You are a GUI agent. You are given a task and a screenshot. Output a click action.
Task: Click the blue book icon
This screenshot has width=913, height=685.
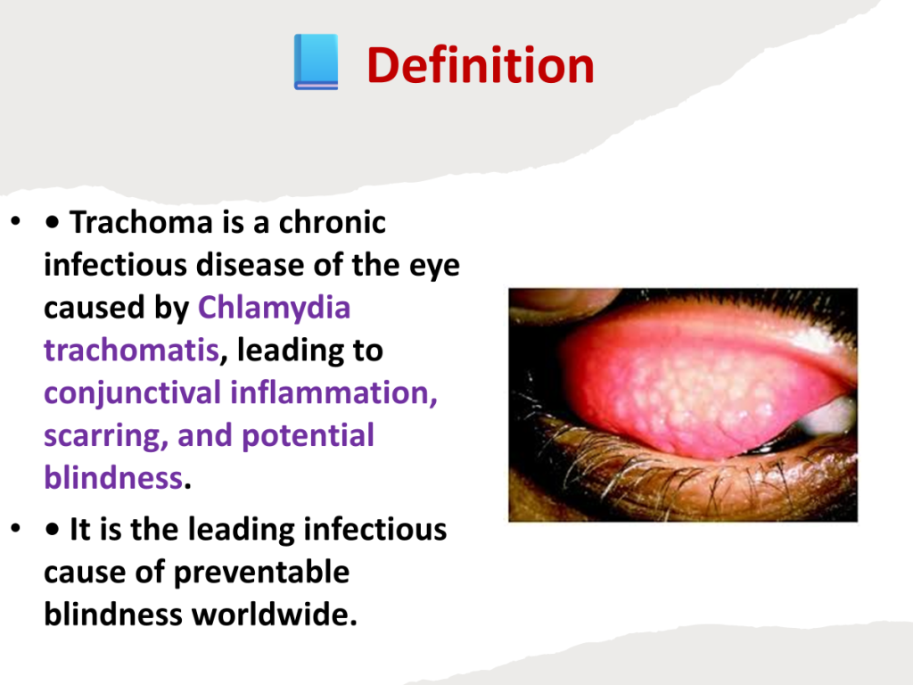(x=317, y=62)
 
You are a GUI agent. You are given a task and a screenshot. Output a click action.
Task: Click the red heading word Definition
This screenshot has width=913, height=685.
(x=481, y=64)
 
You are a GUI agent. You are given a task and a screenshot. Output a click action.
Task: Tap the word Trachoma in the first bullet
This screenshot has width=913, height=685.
(x=141, y=222)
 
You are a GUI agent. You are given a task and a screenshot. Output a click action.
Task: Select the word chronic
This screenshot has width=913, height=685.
(x=332, y=222)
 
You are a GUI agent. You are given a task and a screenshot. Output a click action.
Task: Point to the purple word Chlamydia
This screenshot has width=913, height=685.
(x=275, y=308)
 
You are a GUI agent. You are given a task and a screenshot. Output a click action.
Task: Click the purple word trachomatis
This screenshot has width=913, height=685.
(x=132, y=350)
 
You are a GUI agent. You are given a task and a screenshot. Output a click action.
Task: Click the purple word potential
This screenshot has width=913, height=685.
(x=308, y=435)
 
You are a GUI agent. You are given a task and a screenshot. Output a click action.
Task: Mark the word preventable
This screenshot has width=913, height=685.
(x=261, y=572)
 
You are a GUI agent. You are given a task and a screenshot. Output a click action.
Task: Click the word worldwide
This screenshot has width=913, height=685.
(x=275, y=615)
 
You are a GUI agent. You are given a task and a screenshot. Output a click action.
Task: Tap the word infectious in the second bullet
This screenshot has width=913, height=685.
(x=375, y=530)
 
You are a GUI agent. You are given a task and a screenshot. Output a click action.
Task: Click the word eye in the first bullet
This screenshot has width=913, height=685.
(x=434, y=266)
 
